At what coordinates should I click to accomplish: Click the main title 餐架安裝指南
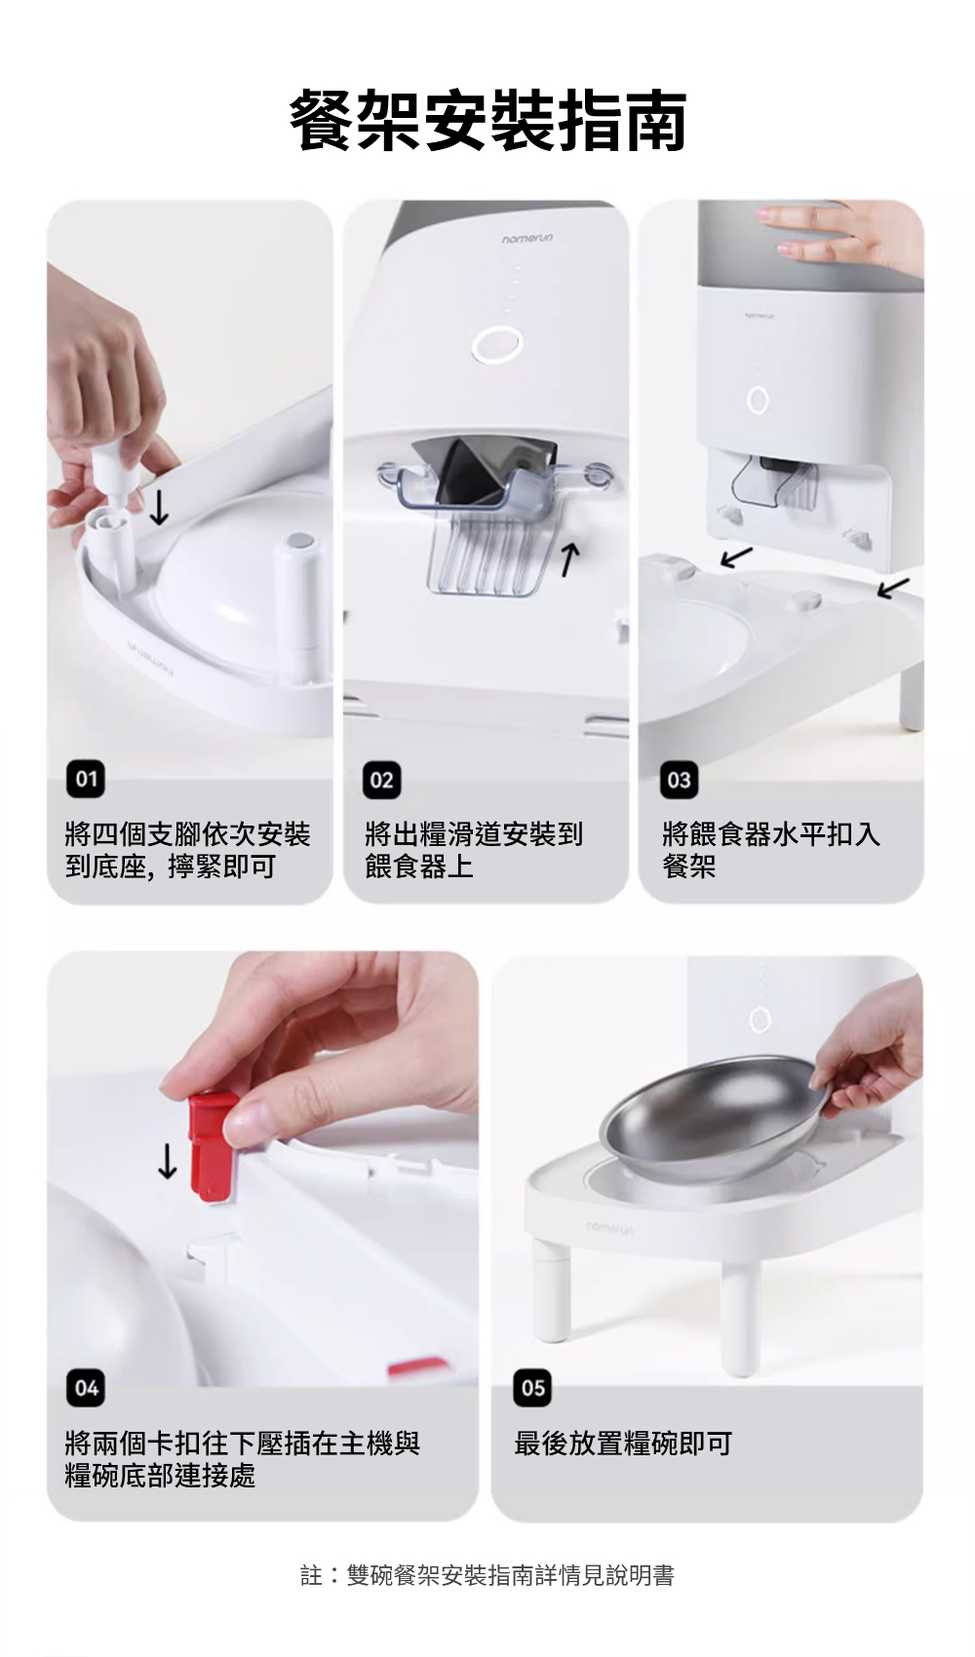click(487, 121)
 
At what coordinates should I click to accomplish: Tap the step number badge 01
click(86, 779)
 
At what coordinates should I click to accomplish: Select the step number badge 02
click(382, 780)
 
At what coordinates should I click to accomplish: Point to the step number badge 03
click(680, 780)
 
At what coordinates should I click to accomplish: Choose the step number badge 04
click(86, 1389)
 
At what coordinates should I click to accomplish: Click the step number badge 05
click(532, 1389)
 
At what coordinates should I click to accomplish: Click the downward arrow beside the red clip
click(168, 1161)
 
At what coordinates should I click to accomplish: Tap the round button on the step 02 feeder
click(497, 344)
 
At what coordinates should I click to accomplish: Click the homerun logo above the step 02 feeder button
click(526, 239)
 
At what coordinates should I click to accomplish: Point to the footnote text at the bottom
click(487, 1575)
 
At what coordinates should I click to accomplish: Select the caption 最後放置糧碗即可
click(623, 1444)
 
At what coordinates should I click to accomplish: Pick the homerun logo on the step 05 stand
click(609, 1228)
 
